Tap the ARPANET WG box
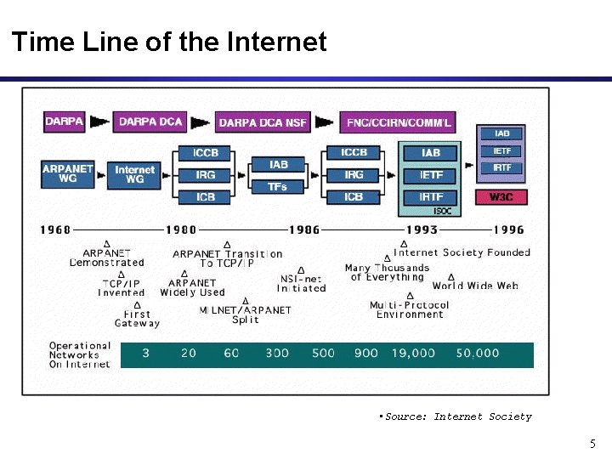point(68,174)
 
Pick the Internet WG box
point(135,174)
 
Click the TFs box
point(278,184)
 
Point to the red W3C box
point(501,197)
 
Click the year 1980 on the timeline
point(180,229)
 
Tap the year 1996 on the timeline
point(509,229)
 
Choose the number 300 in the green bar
point(277,353)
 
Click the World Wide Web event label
point(475,286)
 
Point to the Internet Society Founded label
point(462,252)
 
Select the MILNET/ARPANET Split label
point(245,314)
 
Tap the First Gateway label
point(137,319)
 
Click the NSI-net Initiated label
point(302,284)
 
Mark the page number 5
point(592,444)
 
